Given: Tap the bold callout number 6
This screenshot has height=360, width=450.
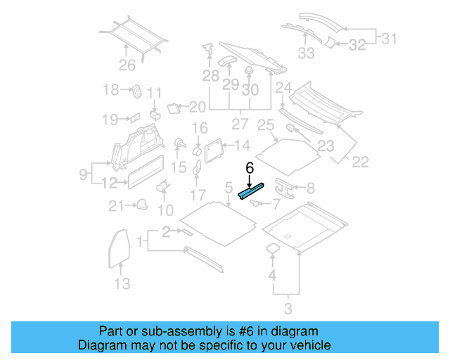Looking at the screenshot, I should [249, 168].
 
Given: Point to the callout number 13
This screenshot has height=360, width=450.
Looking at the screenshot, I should [122, 283].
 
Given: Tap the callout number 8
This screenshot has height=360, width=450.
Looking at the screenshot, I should [311, 188].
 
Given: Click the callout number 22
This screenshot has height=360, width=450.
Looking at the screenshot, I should [360, 162].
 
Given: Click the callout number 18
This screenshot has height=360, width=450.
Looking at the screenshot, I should [111, 90].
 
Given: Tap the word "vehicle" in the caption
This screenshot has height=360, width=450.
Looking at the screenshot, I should [307, 345].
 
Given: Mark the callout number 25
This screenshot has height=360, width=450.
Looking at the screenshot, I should [265, 127].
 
